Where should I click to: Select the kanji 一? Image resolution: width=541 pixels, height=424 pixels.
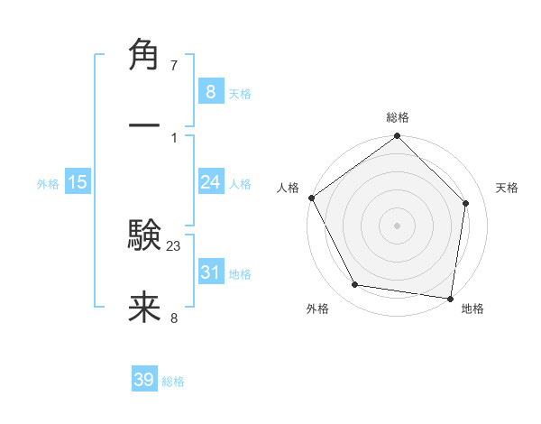pos(144,125)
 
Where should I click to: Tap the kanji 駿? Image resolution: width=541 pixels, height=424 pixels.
pos(144,235)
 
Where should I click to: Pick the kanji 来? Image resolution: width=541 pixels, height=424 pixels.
pos(144,309)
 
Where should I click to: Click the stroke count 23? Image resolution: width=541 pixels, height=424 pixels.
pos(174,245)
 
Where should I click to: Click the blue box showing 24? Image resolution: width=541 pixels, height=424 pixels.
pos(210,182)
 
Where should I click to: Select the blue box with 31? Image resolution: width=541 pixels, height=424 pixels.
pos(210,272)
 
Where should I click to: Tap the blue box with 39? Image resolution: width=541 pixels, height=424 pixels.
pos(144,380)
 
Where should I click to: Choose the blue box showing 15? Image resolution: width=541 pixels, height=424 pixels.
pos(78,182)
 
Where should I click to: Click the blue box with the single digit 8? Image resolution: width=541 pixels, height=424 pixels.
pos(210,91)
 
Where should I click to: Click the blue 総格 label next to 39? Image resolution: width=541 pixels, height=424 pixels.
pos(173,382)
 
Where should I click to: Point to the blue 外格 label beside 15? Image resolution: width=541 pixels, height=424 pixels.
pos(48,183)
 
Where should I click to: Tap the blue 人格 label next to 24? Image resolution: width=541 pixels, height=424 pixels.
pos(240,183)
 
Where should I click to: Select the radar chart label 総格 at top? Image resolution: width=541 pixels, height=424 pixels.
pos(398,117)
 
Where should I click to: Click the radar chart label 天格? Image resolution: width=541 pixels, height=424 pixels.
pos(508,188)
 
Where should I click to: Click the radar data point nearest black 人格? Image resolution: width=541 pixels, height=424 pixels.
pos(311,198)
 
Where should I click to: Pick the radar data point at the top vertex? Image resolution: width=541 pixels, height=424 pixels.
pos(398,137)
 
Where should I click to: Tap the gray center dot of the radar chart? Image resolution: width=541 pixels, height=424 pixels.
pos(398,225)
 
